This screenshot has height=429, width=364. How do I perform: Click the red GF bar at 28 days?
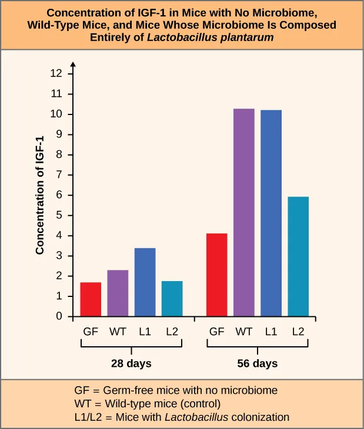(91, 299)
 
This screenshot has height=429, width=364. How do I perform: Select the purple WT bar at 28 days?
(118, 293)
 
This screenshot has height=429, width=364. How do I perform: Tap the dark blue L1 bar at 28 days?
(145, 282)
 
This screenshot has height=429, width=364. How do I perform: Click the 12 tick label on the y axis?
(56, 74)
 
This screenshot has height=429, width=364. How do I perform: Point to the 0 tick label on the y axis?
(59, 317)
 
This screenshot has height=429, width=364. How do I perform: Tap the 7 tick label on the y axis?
(59, 175)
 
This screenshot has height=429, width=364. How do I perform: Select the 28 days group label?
(131, 364)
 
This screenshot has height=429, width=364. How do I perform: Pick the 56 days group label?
(257, 364)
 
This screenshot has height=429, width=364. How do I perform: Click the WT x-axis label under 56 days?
(244, 332)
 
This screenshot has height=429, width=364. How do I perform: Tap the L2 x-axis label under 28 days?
(172, 332)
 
